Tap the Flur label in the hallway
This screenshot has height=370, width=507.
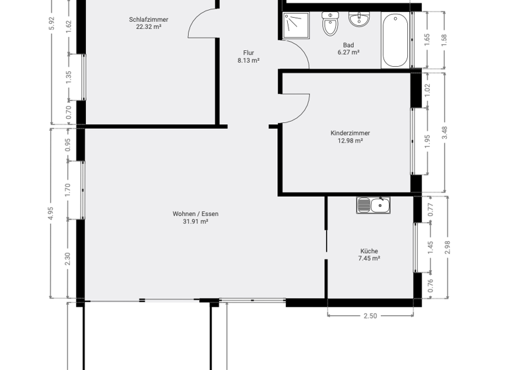[248, 53]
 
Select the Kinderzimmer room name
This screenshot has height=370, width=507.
[350, 133]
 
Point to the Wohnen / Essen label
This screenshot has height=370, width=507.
[195, 213]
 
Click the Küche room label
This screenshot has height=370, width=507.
[369, 251]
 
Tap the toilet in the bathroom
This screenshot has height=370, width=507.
[330, 26]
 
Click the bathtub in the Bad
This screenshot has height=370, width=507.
[395, 40]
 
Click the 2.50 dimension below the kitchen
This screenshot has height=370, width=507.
[370, 316]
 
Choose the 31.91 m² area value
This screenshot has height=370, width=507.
[195, 222]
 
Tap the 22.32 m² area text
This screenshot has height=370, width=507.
[149, 28]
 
